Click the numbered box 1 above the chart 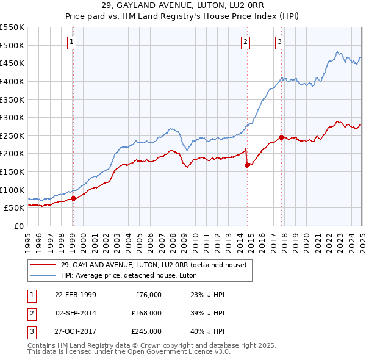point(72,42)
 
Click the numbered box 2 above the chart point(245,42)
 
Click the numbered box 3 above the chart point(279,42)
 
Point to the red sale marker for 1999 point(73,198)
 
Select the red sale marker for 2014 point(247,165)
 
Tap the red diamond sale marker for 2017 point(281,137)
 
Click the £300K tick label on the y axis point(12,117)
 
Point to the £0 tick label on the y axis point(18,226)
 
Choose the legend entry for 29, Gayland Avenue point(152,265)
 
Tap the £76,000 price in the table point(147,295)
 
